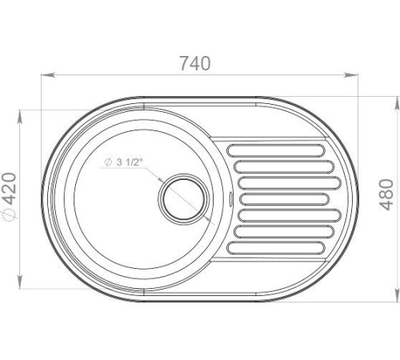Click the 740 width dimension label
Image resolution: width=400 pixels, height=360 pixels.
coord(195,63)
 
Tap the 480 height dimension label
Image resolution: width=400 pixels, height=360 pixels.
coord(386,195)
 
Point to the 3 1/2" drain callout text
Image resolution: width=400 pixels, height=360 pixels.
coord(128,162)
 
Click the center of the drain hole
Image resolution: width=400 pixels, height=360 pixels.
coord(184,199)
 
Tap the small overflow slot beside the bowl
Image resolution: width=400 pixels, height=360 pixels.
coord(231,199)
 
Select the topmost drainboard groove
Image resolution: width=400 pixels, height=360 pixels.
coord(276,150)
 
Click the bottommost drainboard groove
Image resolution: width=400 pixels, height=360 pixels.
coord(276,248)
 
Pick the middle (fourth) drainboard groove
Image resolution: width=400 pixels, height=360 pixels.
coord(284,199)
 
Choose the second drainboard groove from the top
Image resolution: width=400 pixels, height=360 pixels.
coord(284,166)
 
